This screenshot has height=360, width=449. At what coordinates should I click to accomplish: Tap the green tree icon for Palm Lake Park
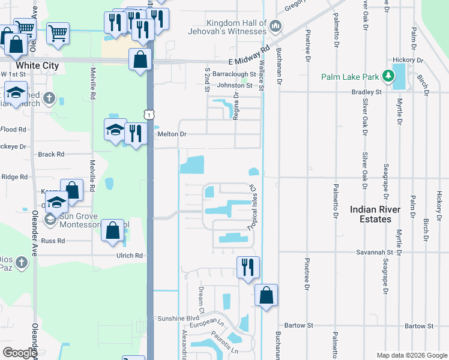(x=388, y=76)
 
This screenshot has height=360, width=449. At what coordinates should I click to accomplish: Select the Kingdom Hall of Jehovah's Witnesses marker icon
(x=276, y=26)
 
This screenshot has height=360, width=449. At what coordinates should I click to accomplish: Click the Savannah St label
(x=378, y=253)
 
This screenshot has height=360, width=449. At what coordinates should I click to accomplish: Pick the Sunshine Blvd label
(x=177, y=318)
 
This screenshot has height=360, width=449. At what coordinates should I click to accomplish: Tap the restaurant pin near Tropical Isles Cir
(x=249, y=267)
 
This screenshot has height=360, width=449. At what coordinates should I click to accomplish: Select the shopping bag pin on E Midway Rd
(x=140, y=59)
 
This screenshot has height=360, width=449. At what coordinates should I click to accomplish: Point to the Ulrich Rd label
(x=130, y=255)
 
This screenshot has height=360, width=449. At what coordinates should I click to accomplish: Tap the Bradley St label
(x=366, y=92)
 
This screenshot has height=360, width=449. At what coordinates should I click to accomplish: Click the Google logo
(x=19, y=353)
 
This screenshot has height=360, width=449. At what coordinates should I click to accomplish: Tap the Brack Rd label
(x=51, y=154)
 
